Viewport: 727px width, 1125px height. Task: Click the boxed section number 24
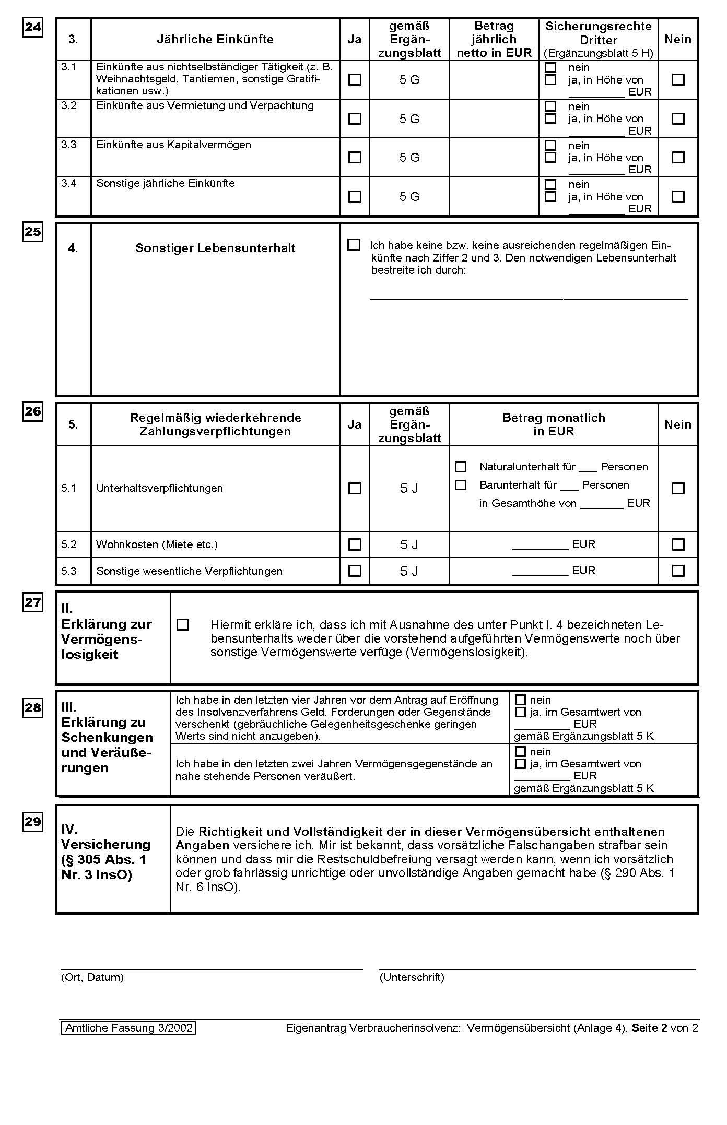(33, 27)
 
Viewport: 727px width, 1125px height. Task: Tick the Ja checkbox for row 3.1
(355, 80)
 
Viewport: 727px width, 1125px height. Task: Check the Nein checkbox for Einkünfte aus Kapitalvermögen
(678, 158)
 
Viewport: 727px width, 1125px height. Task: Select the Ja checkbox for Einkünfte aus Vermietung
(355, 119)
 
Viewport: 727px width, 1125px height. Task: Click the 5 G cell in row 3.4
(409, 197)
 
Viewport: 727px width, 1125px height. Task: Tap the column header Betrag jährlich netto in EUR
(494, 39)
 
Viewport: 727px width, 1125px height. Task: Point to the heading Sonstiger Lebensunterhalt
(215, 248)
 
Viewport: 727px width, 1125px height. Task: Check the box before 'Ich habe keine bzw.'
(354, 245)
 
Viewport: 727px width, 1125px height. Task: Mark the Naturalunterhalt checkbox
(461, 467)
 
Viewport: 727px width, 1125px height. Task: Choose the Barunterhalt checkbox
(461, 485)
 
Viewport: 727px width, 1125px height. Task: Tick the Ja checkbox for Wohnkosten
(355, 544)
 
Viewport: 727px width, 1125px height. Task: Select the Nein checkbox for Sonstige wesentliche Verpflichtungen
(678, 571)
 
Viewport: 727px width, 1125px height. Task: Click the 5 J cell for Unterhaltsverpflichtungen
(409, 488)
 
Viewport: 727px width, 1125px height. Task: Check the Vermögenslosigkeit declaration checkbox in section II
(183, 625)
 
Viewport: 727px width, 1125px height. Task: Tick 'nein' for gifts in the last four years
(520, 700)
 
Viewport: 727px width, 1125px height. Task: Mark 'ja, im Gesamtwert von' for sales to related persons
(520, 764)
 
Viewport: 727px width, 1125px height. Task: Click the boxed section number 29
(33, 822)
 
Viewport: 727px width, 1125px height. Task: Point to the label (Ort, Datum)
(92, 977)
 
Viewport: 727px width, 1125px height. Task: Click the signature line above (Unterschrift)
(537, 969)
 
